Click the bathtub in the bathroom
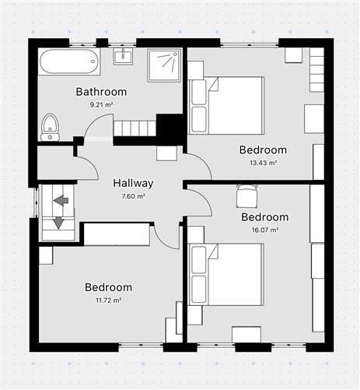point(69,61)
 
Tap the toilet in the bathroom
point(50,126)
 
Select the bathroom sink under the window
point(124,56)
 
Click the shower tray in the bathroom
point(164,65)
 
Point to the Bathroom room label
point(101,92)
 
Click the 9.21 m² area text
point(101,104)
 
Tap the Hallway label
point(133,184)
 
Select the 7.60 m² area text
point(133,196)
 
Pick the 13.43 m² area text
point(263,163)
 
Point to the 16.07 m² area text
point(264,230)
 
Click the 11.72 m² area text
point(108,300)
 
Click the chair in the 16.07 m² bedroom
point(246,195)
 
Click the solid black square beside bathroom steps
point(169,128)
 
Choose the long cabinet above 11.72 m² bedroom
point(117,234)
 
